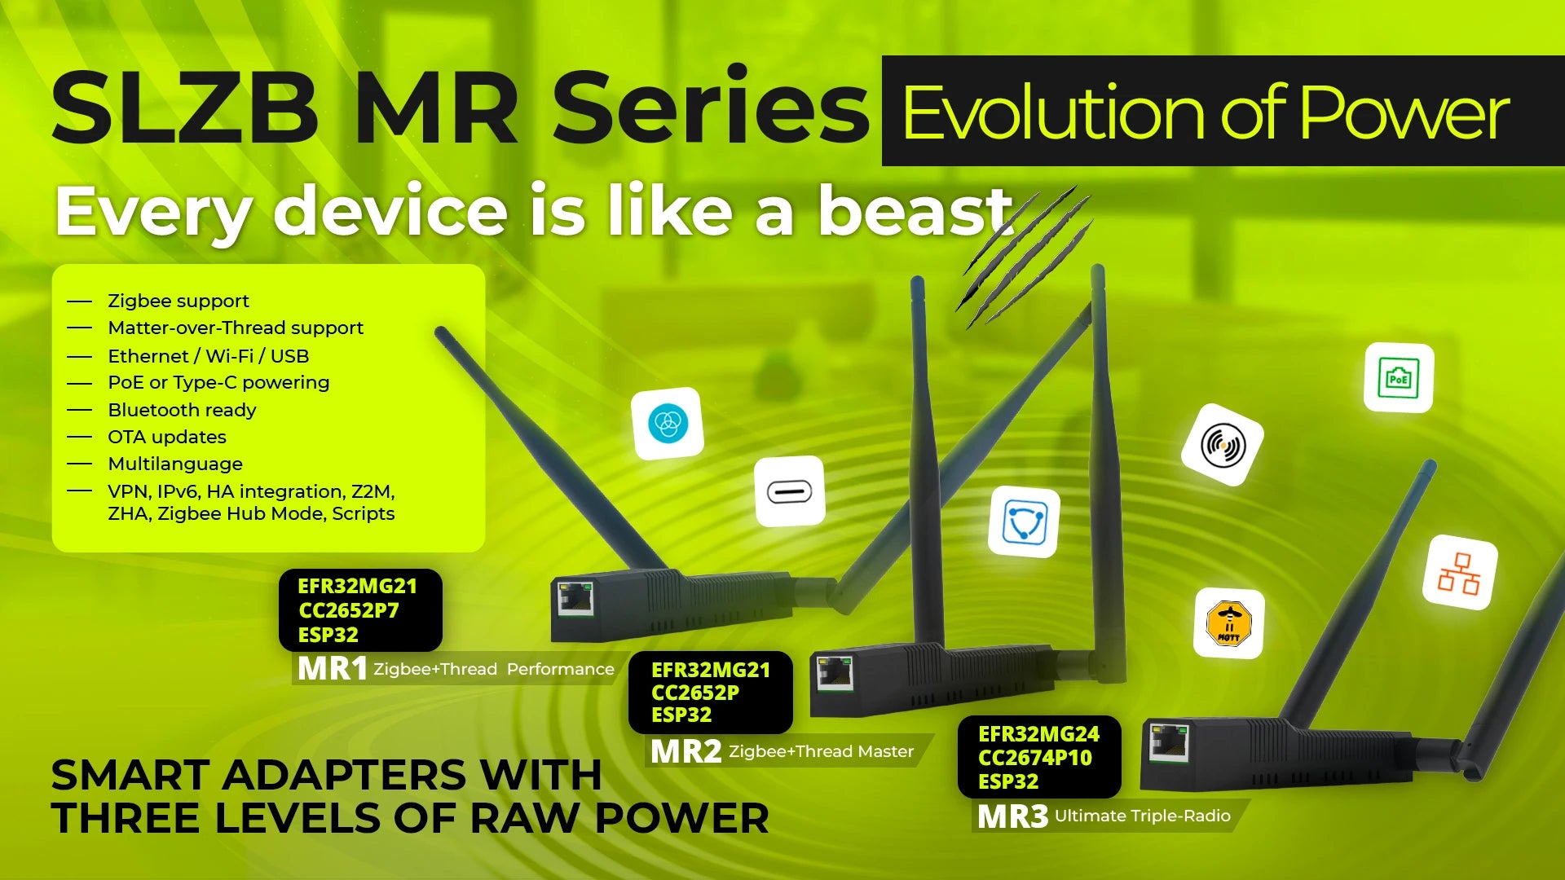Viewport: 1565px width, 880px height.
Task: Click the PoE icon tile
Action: point(1399,378)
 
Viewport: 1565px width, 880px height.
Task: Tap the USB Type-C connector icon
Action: point(789,492)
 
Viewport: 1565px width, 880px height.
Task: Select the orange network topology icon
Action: point(1459,573)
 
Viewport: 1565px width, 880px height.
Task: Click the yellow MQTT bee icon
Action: point(1229,623)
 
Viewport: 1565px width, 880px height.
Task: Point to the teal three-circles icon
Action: point(668,424)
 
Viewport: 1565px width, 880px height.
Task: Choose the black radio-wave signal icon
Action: point(1223,445)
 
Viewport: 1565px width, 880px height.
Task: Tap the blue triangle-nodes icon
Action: point(1024,522)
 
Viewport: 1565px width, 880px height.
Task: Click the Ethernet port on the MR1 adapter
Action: point(575,599)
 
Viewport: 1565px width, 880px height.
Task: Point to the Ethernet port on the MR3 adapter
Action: point(1169,742)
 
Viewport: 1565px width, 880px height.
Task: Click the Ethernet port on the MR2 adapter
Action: point(835,673)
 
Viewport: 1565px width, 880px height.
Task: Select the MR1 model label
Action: point(332,669)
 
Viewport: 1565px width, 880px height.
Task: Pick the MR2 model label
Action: point(686,751)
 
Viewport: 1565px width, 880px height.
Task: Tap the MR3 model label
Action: point(1012,816)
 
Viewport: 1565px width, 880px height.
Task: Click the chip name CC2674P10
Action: point(1035,758)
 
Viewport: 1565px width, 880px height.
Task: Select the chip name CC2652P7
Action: point(349,610)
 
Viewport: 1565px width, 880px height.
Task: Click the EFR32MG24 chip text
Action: point(1038,734)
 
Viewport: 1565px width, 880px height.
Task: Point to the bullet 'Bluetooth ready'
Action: point(182,410)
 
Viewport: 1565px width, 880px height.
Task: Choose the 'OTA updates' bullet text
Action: point(167,437)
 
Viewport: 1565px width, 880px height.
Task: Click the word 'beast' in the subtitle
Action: point(915,211)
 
